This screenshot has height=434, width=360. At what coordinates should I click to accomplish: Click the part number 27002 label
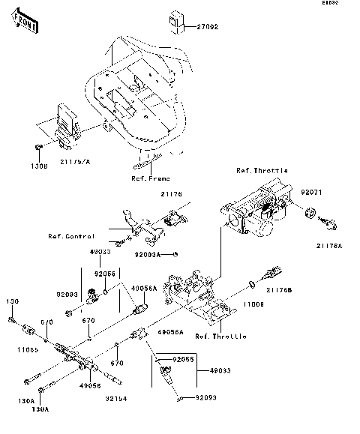coord(208,28)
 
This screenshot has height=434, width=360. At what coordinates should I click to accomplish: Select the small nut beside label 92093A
coord(174,253)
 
